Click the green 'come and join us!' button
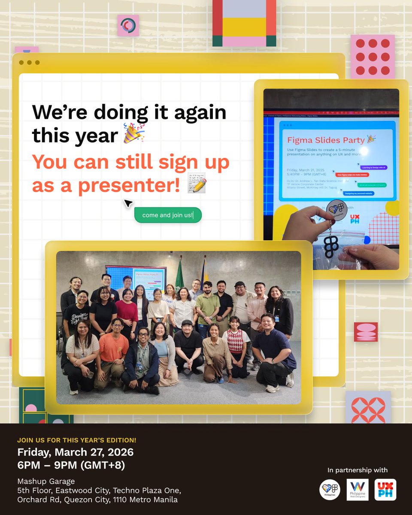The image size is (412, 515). pyautogui.click(x=168, y=215)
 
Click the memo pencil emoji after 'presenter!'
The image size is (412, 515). pyautogui.click(x=197, y=184)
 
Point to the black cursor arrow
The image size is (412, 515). pyautogui.click(x=128, y=203)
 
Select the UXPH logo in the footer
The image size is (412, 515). pyautogui.click(x=385, y=490)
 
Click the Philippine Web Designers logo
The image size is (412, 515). pyautogui.click(x=357, y=490)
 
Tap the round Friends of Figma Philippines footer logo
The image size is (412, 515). pyautogui.click(x=330, y=490)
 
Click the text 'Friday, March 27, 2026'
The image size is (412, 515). pyautogui.click(x=75, y=452)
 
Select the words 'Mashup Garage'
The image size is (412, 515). pyautogui.click(x=46, y=481)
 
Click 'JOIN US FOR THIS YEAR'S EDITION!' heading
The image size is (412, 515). pyautogui.click(x=77, y=440)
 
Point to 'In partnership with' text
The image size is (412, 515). pyautogui.click(x=357, y=470)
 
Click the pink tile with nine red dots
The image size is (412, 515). pyautogui.click(x=373, y=57)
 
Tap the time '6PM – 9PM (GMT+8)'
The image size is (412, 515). pyautogui.click(x=71, y=465)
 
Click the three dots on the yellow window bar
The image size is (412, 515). pyautogui.click(x=29, y=63)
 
